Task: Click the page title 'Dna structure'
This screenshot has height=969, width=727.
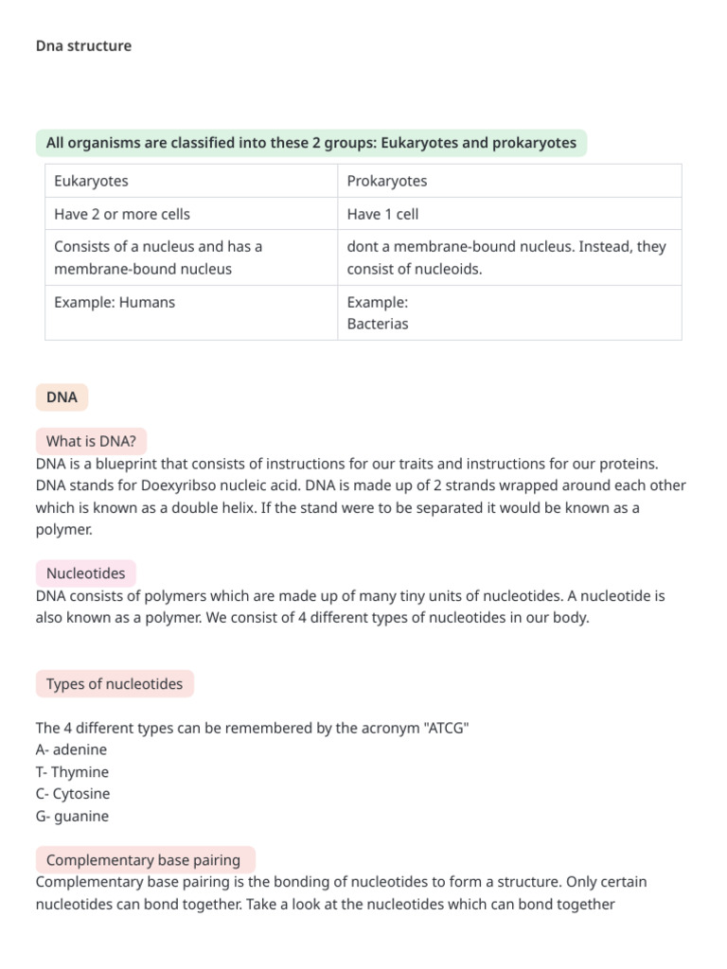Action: (x=83, y=45)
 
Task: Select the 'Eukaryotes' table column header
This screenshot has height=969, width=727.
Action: (x=91, y=181)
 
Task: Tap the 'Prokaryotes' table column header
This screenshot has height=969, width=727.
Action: (x=386, y=181)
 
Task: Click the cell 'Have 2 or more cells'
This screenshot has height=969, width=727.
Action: (x=122, y=214)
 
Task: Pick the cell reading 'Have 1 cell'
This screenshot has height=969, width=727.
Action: (x=382, y=214)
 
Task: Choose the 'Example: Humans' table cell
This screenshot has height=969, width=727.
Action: (x=115, y=303)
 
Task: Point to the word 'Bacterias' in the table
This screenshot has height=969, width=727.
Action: (x=378, y=324)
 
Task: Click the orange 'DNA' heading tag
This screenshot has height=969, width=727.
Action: (x=62, y=397)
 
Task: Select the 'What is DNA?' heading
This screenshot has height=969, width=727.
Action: (x=91, y=442)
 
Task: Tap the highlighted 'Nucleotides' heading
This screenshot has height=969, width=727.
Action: (x=85, y=573)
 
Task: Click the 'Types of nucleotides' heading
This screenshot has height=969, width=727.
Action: (x=115, y=684)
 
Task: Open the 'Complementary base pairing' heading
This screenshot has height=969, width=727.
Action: (x=143, y=860)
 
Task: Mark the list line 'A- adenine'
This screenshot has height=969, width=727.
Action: (x=71, y=749)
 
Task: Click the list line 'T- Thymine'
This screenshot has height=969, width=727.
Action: (x=72, y=772)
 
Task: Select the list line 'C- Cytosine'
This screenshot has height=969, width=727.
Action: (x=73, y=794)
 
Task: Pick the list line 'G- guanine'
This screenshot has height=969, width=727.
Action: (x=72, y=816)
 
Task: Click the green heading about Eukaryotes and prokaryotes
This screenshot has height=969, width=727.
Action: (x=310, y=143)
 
